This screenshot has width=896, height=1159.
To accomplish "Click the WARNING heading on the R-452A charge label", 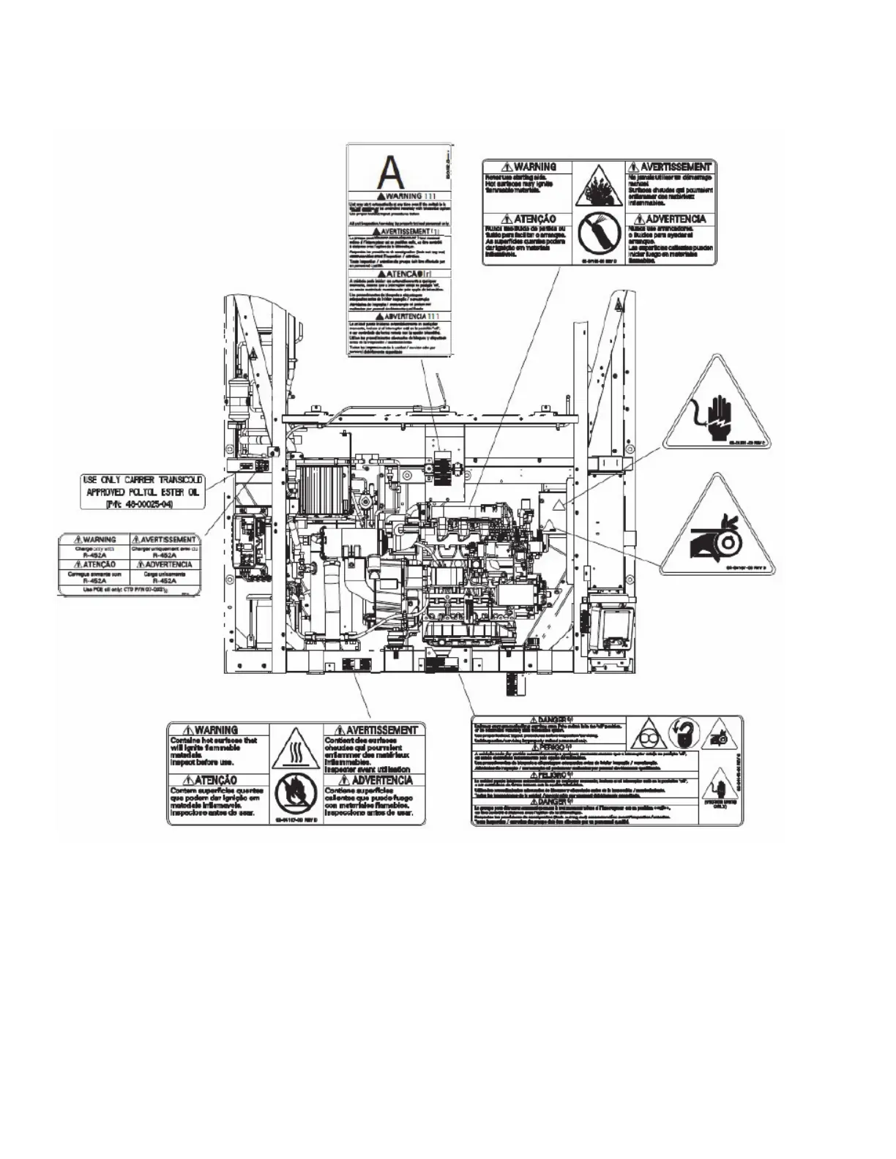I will coord(94,540).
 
